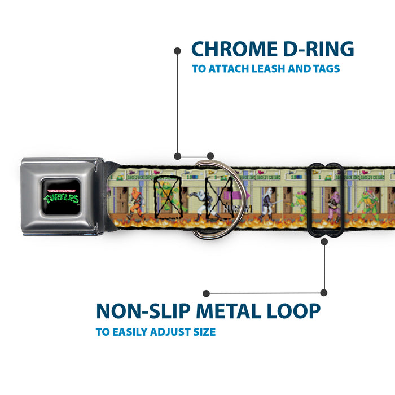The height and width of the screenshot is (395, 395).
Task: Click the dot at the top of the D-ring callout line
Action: [177, 51]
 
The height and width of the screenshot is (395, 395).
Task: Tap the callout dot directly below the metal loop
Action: [324, 242]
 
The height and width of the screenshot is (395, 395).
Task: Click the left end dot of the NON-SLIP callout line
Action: [206, 293]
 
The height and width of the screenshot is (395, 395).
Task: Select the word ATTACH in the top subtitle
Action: [227, 69]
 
